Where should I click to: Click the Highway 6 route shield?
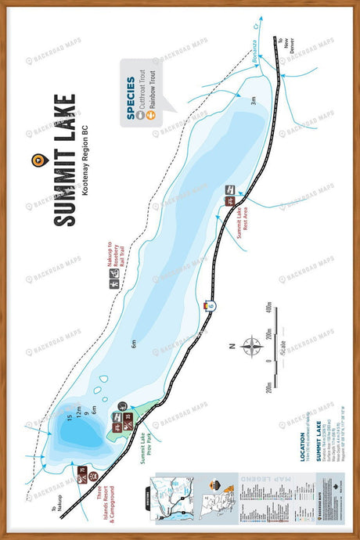pos(209,305)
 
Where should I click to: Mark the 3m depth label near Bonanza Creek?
pos(253,100)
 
